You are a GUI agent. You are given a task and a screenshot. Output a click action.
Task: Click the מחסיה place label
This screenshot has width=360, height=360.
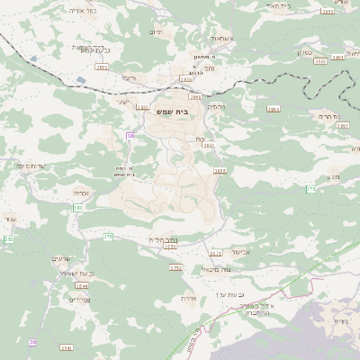coord(216,106)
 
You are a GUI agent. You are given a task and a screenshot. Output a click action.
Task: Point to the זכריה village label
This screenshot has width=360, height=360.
coord(81,192)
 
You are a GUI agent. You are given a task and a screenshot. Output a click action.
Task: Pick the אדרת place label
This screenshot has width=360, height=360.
coord(188,298)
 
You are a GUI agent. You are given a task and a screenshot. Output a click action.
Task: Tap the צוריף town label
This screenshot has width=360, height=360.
coord(341,321)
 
